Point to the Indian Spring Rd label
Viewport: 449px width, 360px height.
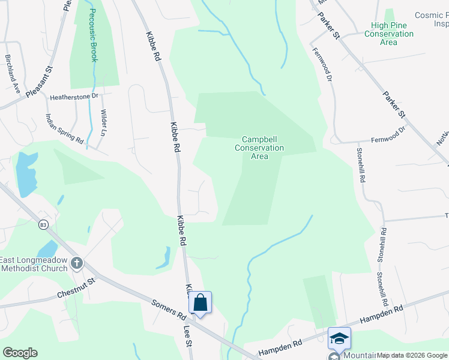pos(65,128)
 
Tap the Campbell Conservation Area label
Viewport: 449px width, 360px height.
pos(259,148)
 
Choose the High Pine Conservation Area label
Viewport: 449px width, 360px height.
pos(388,34)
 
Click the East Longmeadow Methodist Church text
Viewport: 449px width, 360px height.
pos(40,263)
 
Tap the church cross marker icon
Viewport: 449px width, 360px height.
pos(76,263)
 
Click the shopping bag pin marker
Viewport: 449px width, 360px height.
pos(200,303)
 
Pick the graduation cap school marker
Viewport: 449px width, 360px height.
pos(339,338)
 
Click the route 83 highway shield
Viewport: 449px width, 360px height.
pos(43,224)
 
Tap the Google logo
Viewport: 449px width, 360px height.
pos(20,353)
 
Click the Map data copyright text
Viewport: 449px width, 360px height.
pos(412,356)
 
